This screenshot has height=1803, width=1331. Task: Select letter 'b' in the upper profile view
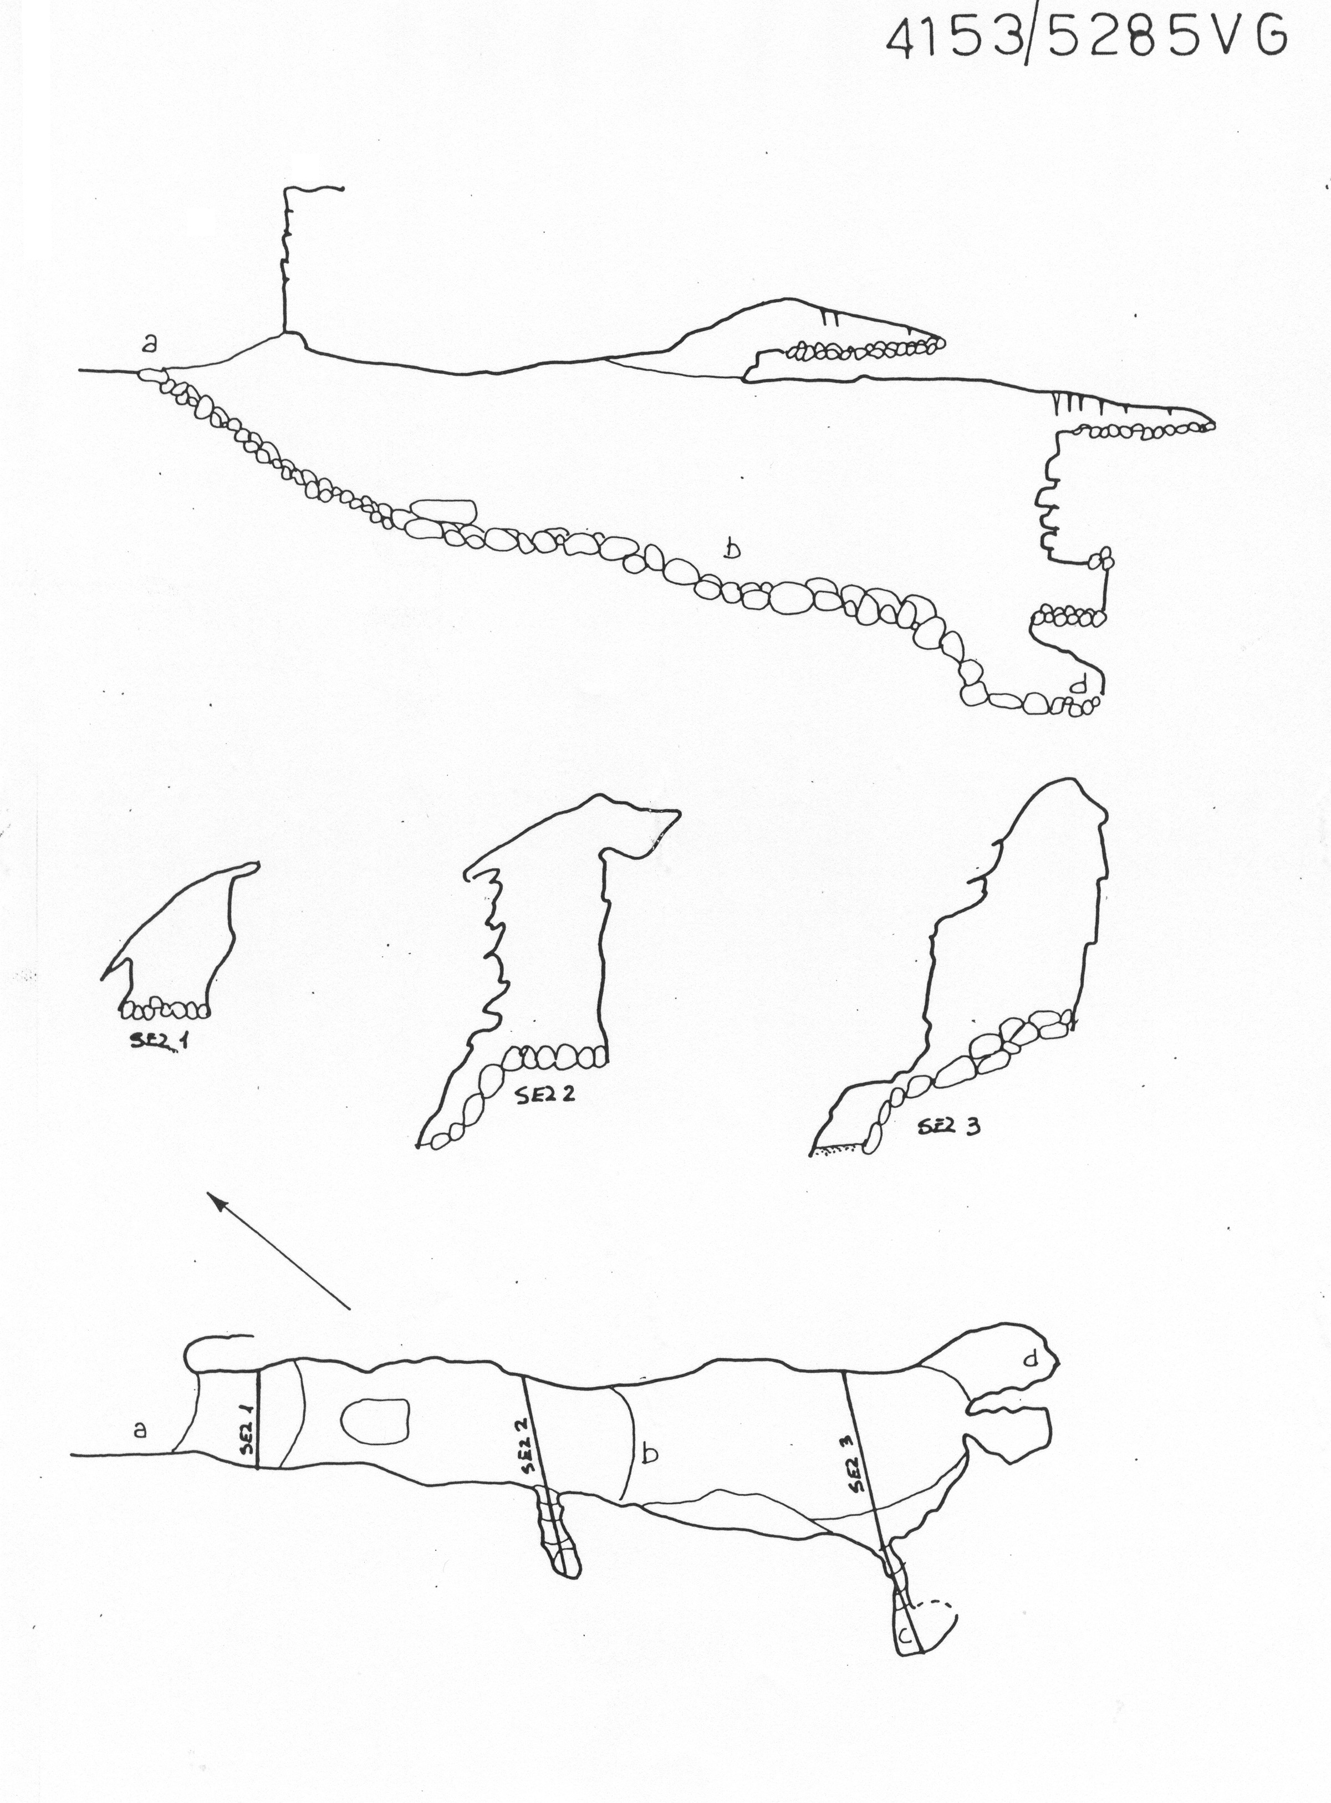732,549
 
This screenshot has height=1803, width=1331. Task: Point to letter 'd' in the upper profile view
1080,684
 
